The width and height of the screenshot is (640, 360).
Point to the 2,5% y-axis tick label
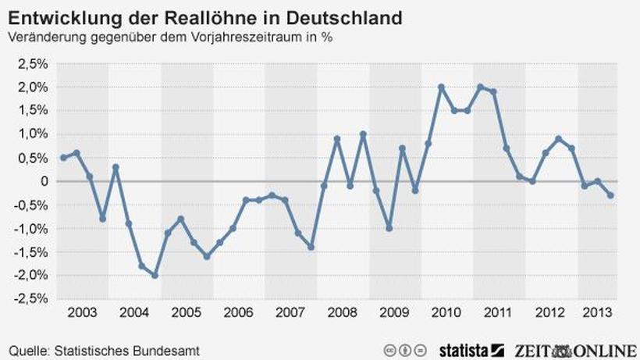(x=32, y=63)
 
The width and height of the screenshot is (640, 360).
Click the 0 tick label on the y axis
(x=43, y=181)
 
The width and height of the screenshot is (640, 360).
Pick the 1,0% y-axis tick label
(x=32, y=134)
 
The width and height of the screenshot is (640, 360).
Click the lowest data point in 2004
(x=155, y=276)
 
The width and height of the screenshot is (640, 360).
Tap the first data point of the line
(x=63, y=158)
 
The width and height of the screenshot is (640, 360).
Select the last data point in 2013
(x=610, y=195)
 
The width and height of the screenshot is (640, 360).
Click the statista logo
(x=464, y=349)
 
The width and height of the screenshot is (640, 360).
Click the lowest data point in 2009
(x=389, y=228)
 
